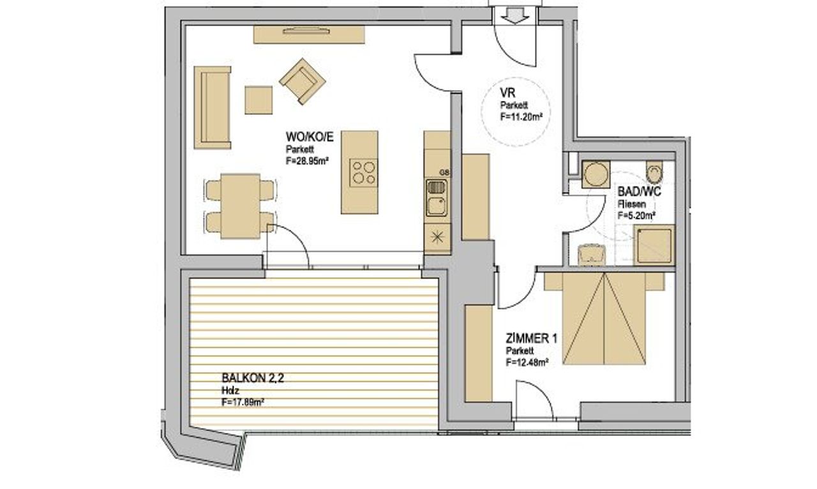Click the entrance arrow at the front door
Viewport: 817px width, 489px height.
tap(515, 15)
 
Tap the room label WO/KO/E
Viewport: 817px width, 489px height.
tap(310, 137)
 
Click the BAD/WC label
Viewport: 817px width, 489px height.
tap(639, 192)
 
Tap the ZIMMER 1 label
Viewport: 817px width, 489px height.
tap(532, 339)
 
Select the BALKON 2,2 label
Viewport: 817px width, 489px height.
tap(253, 378)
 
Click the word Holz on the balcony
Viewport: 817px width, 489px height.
tap(230, 391)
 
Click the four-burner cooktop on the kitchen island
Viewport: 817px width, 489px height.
tap(363, 173)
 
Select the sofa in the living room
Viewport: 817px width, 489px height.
tap(213, 107)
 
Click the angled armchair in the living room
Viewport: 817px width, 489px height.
tap(303, 81)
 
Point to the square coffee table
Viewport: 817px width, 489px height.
tap(259, 100)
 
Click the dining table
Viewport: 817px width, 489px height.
tap(241, 206)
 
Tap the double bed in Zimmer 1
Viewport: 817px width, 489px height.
tap(604, 318)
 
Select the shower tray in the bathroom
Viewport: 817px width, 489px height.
tap(654, 244)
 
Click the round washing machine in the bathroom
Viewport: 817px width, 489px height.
tap(596, 174)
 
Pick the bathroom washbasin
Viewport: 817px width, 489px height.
tap(592, 255)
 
